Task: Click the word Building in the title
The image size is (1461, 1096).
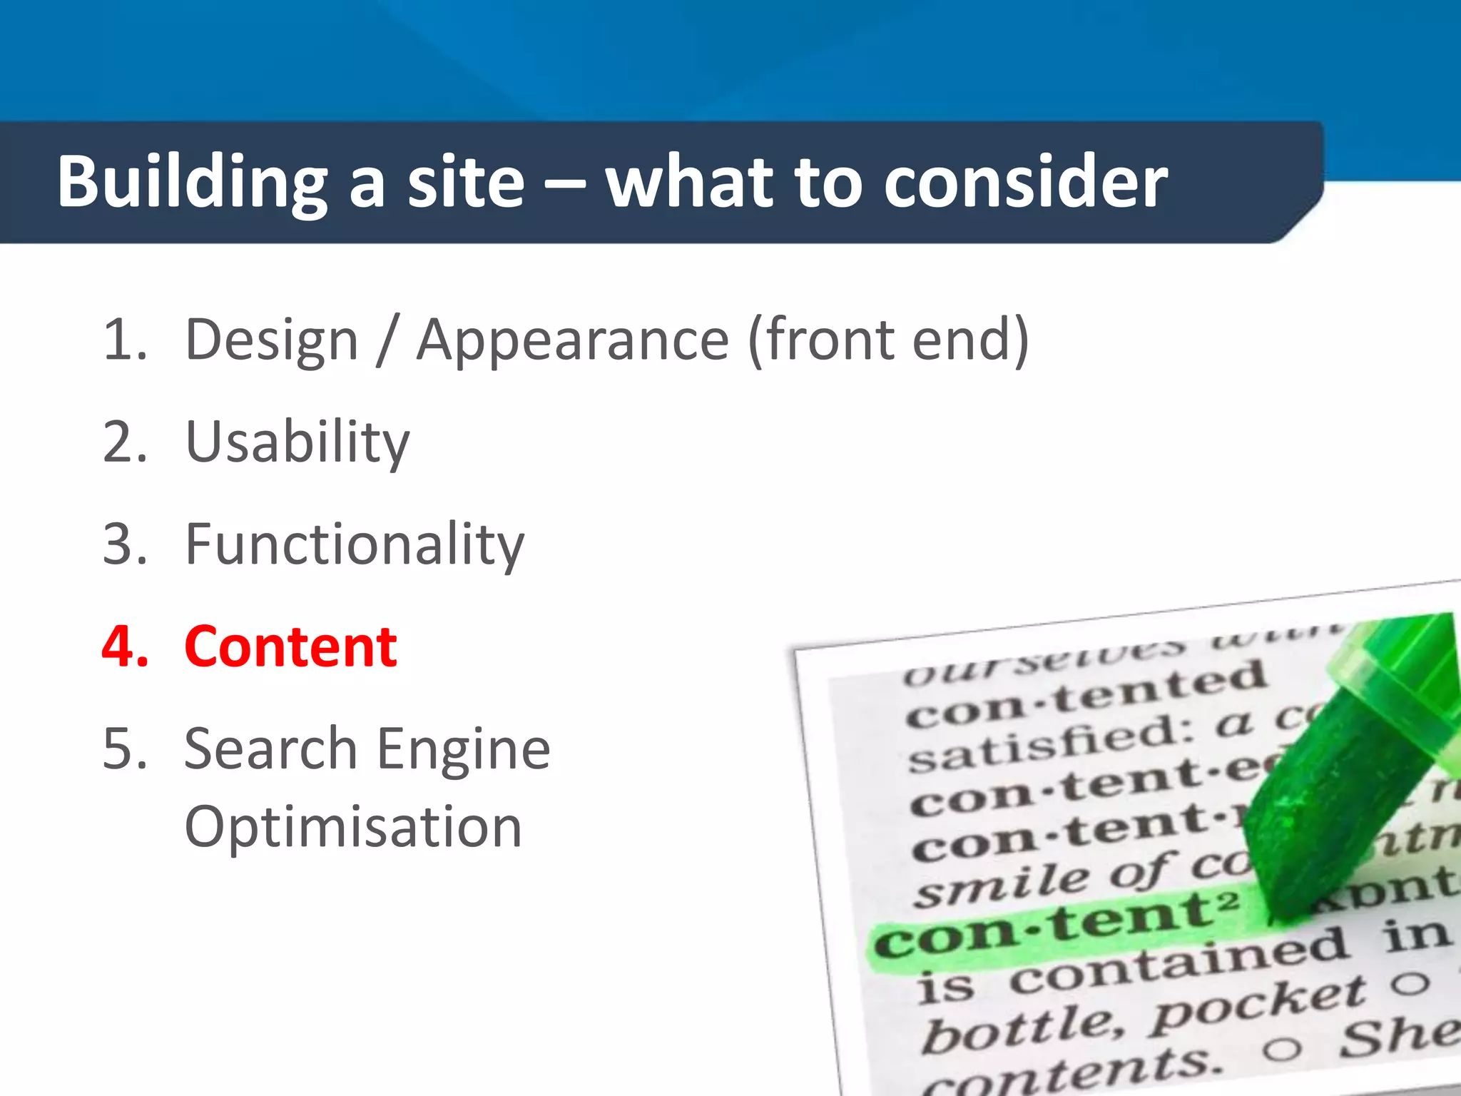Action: pos(192,183)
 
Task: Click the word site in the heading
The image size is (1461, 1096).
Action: pos(465,183)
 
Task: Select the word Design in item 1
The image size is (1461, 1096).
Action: pos(271,340)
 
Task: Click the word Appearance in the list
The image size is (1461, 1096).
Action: pos(573,340)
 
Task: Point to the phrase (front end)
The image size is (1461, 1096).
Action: pos(888,340)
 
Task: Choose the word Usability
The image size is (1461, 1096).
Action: pos(297,442)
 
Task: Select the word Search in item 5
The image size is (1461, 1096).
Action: pos(270,749)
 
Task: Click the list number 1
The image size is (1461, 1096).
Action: pos(124,340)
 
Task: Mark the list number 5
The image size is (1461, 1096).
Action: pos(124,749)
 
